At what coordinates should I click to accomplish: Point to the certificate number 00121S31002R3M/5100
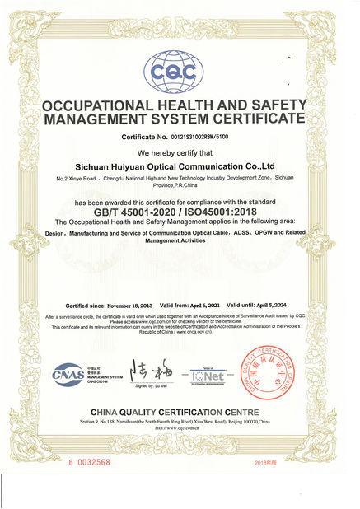click(200, 138)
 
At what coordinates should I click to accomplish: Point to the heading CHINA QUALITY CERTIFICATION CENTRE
click(180, 412)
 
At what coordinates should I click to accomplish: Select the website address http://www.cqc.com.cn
click(180, 428)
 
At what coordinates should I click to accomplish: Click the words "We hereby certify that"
click(179, 154)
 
